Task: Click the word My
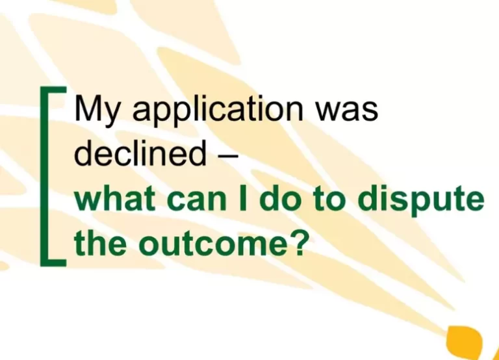pyautogui.click(x=94, y=111)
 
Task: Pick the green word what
pyautogui.click(x=111, y=199)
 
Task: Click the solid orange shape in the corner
pyautogui.click(x=469, y=341)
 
